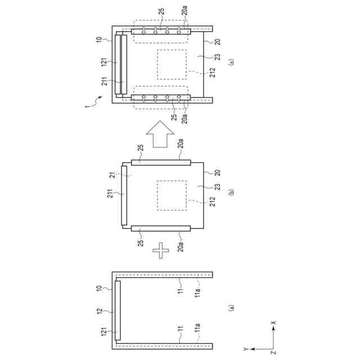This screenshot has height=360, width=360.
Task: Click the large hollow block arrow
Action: (x=160, y=134)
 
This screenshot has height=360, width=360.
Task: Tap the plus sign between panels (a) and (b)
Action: (x=161, y=250)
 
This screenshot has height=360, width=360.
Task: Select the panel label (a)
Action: (x=231, y=308)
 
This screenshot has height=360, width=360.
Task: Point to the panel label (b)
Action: (x=231, y=192)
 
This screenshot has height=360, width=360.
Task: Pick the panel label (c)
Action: (x=231, y=62)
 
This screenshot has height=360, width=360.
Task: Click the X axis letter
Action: (x=273, y=322)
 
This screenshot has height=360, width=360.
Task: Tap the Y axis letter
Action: (x=246, y=349)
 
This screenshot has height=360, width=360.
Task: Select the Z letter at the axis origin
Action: (x=273, y=353)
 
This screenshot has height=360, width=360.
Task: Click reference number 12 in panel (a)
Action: (x=100, y=311)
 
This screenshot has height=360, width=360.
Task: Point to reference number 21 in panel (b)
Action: (x=112, y=175)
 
